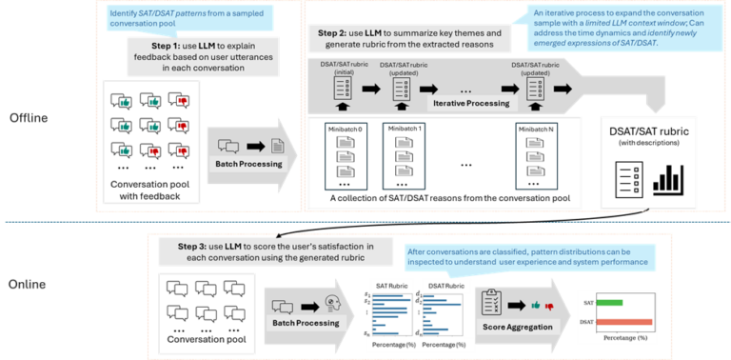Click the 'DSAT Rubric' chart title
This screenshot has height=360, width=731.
click(443, 285)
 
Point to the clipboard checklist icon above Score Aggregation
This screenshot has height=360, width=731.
click(492, 301)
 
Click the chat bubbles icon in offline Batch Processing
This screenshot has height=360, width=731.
click(228, 147)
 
